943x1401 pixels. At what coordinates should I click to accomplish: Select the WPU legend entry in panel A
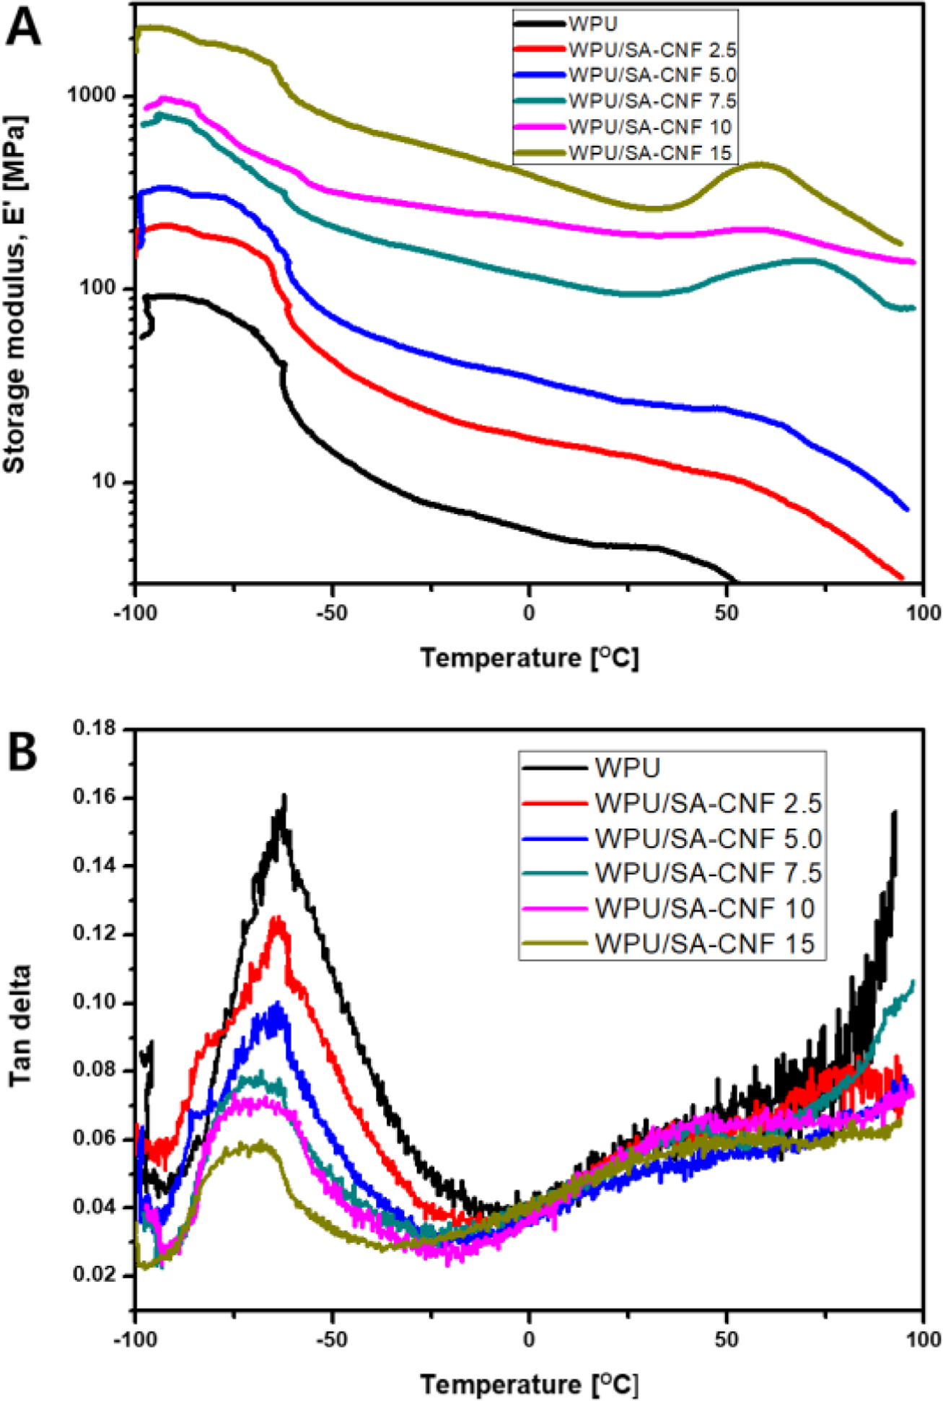point(592,24)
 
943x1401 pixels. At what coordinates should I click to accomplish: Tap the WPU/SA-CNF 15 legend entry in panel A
point(650,153)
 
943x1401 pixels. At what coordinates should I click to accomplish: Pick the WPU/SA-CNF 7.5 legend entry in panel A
point(652,101)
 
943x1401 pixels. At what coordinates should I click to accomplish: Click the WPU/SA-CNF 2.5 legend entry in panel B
point(708,803)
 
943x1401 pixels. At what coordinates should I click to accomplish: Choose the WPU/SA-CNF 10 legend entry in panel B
point(704,908)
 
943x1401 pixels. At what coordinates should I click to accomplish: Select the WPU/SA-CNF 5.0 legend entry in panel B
point(708,838)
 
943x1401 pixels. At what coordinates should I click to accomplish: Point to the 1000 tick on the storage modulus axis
point(96,96)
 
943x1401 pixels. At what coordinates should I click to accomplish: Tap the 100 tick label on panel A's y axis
point(101,289)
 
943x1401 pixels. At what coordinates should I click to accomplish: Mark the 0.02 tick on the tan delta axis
point(95,1275)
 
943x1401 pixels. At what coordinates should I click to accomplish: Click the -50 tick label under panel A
point(331,613)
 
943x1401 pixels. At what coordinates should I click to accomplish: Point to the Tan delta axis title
point(20,1024)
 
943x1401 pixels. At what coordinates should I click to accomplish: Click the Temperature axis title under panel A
point(530,658)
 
